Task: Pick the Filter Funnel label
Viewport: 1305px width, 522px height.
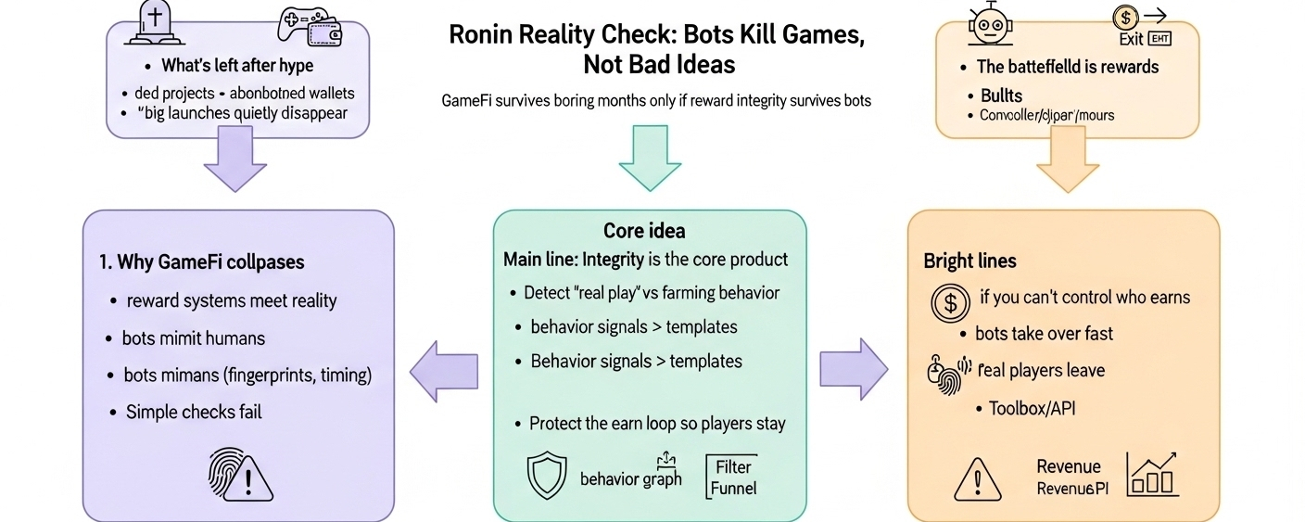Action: [x=733, y=476]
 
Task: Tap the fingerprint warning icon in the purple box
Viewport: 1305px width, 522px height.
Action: [x=239, y=474]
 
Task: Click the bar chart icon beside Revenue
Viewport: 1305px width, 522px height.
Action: [x=1151, y=474]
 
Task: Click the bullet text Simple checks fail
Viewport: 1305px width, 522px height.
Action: [x=194, y=412]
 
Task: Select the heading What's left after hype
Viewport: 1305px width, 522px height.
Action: [x=237, y=66]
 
